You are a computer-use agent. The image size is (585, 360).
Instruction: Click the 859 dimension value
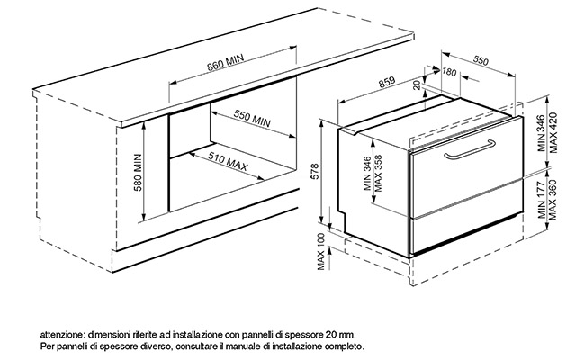click(387, 82)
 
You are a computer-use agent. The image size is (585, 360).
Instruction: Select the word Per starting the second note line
click(47, 346)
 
